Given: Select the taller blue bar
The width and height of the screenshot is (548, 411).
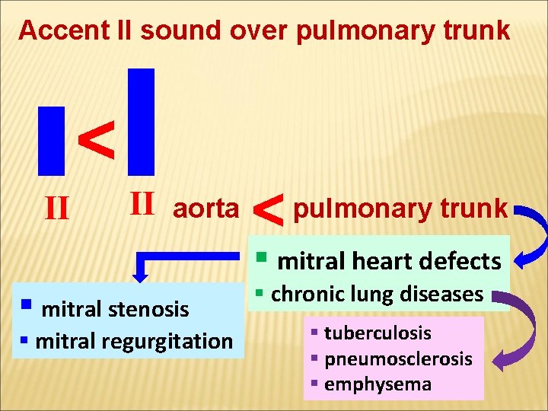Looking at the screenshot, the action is click(142, 121).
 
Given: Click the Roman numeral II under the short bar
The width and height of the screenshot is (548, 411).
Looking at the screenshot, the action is click(58, 205).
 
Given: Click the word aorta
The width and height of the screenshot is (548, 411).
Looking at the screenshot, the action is click(205, 209).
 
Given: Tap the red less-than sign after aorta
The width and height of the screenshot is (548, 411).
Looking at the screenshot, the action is click(267, 209).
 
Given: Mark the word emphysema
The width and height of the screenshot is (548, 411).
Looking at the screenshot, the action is click(378, 384).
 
